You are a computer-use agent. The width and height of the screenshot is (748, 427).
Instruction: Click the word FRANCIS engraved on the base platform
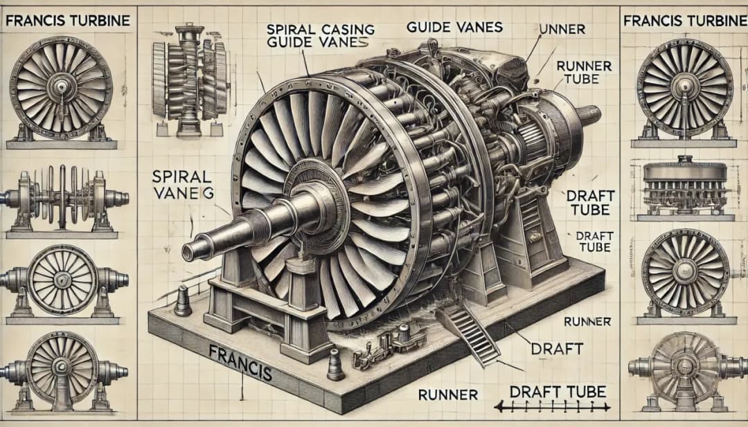click(240, 362)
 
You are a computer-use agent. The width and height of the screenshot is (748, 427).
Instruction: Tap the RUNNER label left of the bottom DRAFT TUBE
click(448, 394)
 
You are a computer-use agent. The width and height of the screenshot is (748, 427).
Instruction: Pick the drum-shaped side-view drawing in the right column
click(684, 188)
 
